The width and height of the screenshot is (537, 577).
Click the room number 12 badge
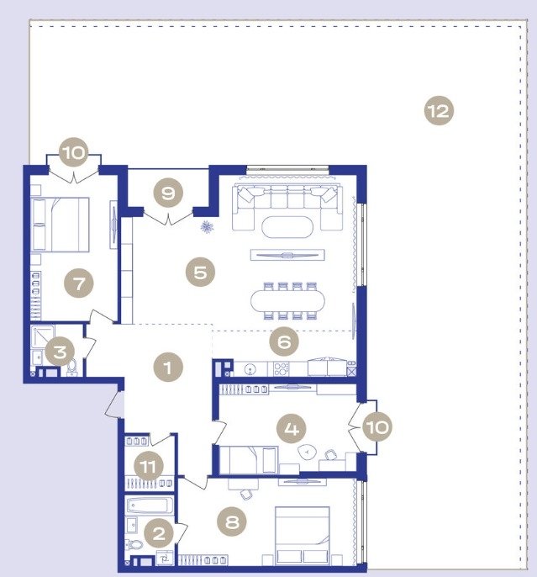pos(439,110)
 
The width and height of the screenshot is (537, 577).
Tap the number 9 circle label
pos(168,193)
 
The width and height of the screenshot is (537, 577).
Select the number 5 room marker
pos(200,273)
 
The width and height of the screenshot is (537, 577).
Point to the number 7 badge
pos(79,283)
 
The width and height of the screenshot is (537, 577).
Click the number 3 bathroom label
pos(60,352)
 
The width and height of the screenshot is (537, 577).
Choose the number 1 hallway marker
pos(168,368)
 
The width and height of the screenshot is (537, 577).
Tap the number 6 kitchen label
pos(284,341)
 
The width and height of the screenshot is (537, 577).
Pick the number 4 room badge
pos(292,429)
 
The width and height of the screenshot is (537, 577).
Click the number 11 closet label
pos(149,467)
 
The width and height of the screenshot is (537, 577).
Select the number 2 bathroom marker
pos(159,533)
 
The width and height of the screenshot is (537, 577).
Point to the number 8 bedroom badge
pos(232,521)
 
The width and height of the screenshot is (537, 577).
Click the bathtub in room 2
pos(150,506)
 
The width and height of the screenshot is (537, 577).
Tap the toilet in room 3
pos(72,367)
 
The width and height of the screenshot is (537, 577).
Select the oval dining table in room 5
pos(287,301)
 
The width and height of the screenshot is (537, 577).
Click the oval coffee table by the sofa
pos(287,227)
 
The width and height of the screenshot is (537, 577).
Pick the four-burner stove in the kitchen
pos(281,369)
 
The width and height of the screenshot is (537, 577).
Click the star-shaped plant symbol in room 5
pos(208,227)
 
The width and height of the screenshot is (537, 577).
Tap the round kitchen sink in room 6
pos(250,369)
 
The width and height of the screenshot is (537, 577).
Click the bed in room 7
pos(61,225)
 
